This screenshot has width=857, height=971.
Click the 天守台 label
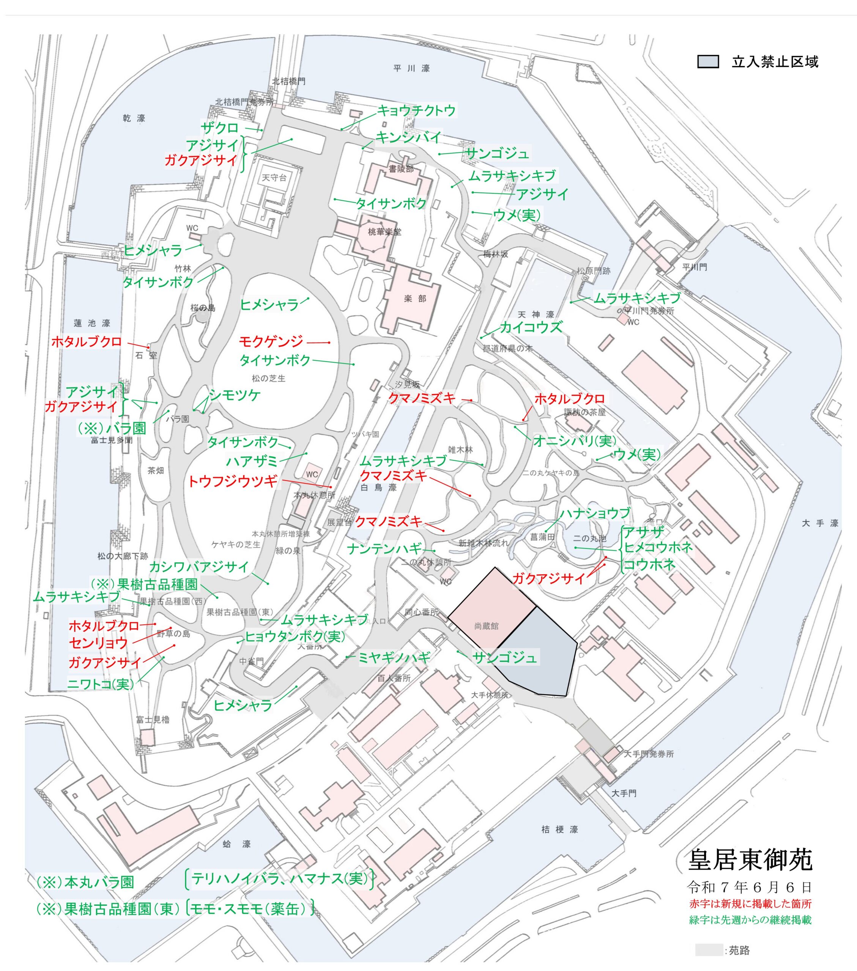(274, 178)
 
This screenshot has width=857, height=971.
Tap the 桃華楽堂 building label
(384, 232)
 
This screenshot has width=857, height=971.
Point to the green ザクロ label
(220, 128)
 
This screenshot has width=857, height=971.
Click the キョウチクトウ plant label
(416, 111)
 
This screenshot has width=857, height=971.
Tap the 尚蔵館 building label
(486, 626)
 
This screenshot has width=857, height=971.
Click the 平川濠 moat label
(412, 68)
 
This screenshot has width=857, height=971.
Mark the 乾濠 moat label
(134, 118)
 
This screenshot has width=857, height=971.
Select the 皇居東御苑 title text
(750, 860)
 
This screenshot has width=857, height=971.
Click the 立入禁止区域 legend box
(708, 62)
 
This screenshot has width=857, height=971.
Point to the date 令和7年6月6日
(749, 886)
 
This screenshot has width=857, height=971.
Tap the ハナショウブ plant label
(595, 513)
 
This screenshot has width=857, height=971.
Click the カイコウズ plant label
(531, 327)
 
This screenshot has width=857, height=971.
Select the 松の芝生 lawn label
(269, 378)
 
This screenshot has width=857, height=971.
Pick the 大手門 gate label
(624, 793)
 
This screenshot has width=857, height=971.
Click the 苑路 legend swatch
(709, 950)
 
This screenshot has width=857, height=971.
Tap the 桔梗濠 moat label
(559, 830)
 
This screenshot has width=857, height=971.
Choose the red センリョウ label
(98, 643)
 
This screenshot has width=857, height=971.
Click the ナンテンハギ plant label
(384, 549)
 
